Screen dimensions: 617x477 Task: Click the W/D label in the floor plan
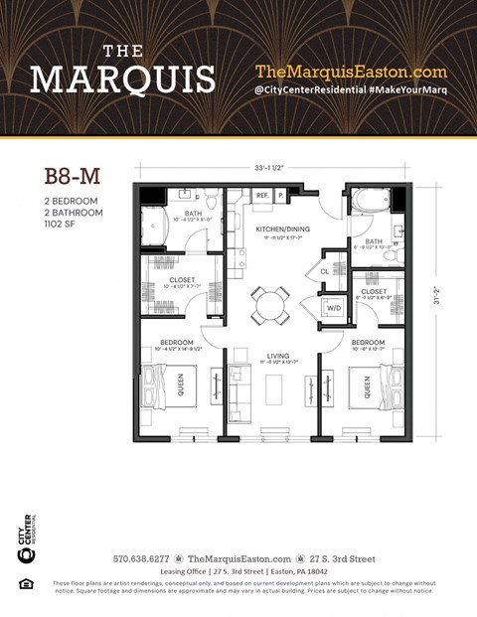(333, 308)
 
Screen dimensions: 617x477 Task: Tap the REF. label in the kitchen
(263, 197)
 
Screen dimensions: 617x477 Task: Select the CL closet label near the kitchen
(325, 270)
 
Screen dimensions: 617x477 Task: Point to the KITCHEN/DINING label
(283, 230)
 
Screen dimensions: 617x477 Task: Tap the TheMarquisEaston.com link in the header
(351, 72)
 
